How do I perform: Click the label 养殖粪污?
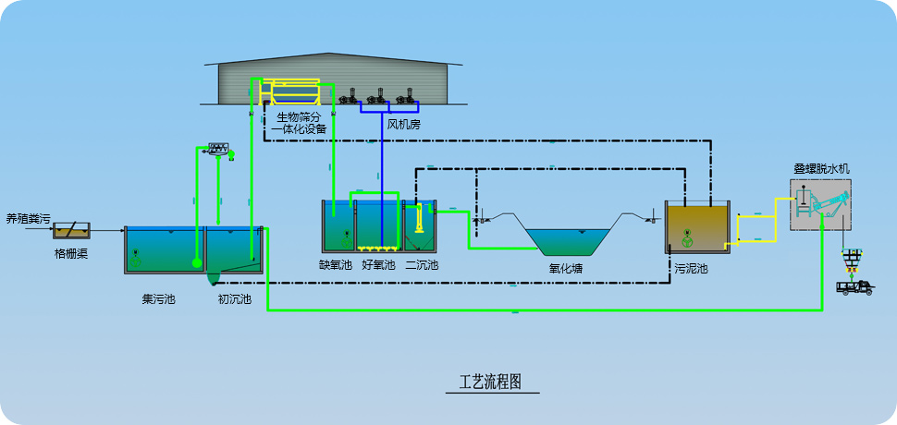pyautogui.click(x=28, y=219)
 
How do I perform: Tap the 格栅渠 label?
pyautogui.click(x=70, y=253)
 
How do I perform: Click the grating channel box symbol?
pyautogui.click(x=71, y=229)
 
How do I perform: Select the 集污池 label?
pyautogui.click(x=159, y=299)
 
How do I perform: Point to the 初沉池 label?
pyautogui.click(x=234, y=299)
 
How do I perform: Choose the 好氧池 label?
pyautogui.click(x=378, y=265)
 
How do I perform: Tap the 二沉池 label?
pyautogui.click(x=422, y=265)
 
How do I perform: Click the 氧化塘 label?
pyautogui.click(x=565, y=269)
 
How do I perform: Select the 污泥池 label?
pyautogui.click(x=691, y=269)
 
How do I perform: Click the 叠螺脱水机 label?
pyautogui.click(x=821, y=169)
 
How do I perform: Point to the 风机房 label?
pyautogui.click(x=403, y=124)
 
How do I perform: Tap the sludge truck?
pyautogui.click(x=854, y=286)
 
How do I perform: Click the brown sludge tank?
pyautogui.click(x=698, y=227)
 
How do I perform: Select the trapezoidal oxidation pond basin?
pyautogui.click(x=565, y=239)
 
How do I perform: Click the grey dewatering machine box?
pyautogui.click(x=820, y=204)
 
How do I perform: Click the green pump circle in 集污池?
pyautogui.click(x=197, y=263)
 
